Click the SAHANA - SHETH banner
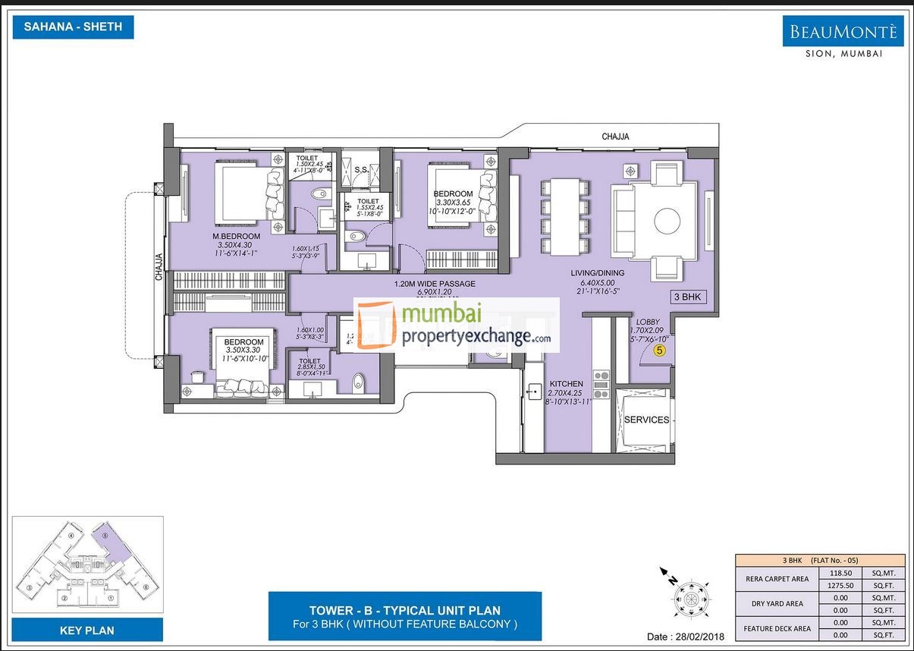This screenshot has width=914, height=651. pyautogui.click(x=73, y=27)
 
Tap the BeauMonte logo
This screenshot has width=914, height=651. pyautogui.click(x=843, y=33)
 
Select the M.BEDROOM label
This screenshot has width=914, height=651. pyautogui.click(x=236, y=237)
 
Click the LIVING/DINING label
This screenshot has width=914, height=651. pyautogui.click(x=598, y=273)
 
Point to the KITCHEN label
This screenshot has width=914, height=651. pyautogui.click(x=567, y=384)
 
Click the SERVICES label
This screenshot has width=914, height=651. pyautogui.click(x=646, y=420)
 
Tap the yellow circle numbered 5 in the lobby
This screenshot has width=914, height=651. pyautogui.click(x=659, y=351)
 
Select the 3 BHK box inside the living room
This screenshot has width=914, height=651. pyautogui.click(x=689, y=297)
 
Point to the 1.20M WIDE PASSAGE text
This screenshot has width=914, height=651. pyautogui.click(x=435, y=284)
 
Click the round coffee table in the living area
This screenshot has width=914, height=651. pyautogui.click(x=667, y=221)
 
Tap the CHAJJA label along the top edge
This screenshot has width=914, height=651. pyautogui.click(x=615, y=137)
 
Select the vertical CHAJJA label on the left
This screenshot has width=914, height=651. pyautogui.click(x=159, y=266)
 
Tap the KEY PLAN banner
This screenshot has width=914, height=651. pyautogui.click(x=87, y=630)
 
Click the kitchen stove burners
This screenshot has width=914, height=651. pyautogui.click(x=601, y=385)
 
